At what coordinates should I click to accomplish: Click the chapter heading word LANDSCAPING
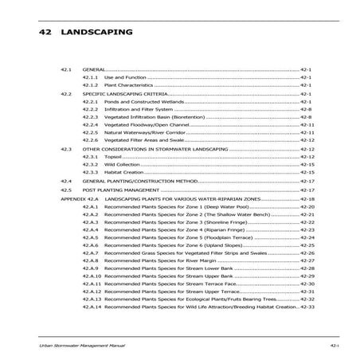100,35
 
